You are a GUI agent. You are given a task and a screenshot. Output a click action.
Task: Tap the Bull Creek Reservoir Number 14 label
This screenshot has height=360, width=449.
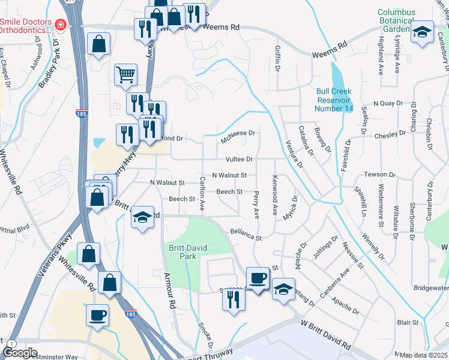tap(333, 100)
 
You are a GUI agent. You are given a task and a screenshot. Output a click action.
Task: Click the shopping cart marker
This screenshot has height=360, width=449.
tap(126, 74)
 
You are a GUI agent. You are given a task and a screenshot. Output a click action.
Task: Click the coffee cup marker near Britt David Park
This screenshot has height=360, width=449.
tap(258, 277)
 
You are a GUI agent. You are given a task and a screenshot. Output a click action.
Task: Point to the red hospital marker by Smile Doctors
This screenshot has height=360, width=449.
tap(60, 25)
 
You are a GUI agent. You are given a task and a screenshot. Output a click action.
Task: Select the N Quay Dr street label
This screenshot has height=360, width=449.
tap(387, 103)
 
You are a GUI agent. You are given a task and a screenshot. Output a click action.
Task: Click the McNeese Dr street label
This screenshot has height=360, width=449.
tap(238, 133)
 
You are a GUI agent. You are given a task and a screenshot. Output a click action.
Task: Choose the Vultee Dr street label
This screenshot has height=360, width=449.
tap(239, 159)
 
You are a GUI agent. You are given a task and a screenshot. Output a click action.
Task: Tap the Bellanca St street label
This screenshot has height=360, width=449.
tap(247, 234)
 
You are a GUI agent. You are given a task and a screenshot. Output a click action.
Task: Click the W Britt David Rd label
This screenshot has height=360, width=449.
tap(326, 336)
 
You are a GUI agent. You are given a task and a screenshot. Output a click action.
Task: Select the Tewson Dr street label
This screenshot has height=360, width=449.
tap(380, 175)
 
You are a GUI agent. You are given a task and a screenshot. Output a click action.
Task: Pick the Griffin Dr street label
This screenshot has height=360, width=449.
tap(277, 58)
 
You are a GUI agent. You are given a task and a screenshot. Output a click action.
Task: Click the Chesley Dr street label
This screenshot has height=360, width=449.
tap(390, 134)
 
